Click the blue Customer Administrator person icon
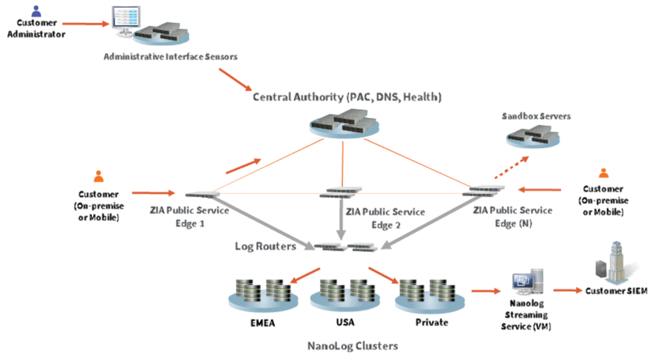pyautogui.click(x=37, y=11)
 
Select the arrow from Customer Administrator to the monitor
pyautogui.click(x=86, y=24)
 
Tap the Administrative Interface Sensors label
pyautogui.click(x=171, y=56)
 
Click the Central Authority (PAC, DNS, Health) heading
pyautogui.click(x=347, y=97)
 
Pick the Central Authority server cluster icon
pyautogui.click(x=344, y=123)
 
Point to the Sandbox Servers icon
pyautogui.click(x=533, y=136)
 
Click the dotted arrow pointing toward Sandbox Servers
pyautogui.click(x=511, y=167)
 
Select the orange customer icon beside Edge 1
pyautogui.click(x=99, y=176)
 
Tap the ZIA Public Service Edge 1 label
pyautogui.click(x=190, y=217)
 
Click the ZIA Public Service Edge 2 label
pyautogui.click(x=386, y=218)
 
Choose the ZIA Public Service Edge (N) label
pyautogui.click(x=513, y=217)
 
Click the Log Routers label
pyautogui.click(x=265, y=246)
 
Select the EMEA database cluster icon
pyautogui.click(x=263, y=295)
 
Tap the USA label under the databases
pyautogui.click(x=345, y=322)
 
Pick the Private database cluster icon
pyautogui.click(x=430, y=295)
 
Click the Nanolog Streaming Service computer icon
pyautogui.click(x=528, y=282)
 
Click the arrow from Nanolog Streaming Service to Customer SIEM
pyautogui.click(x=568, y=290)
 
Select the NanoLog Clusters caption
pyautogui.click(x=353, y=346)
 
